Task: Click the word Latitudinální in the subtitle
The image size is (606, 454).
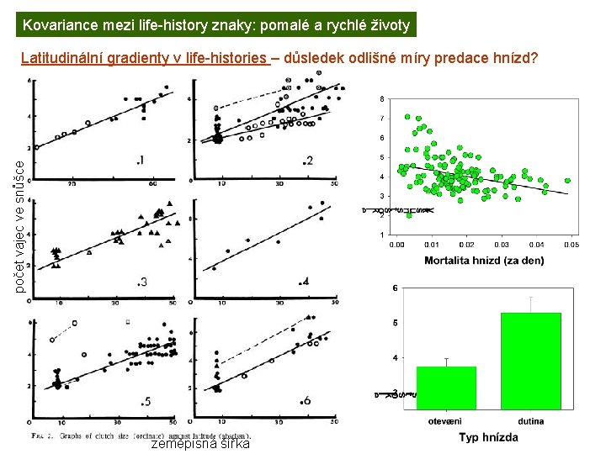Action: [63, 59]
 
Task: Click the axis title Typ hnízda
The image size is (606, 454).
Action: [488, 437]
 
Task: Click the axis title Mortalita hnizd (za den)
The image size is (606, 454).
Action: [484, 261]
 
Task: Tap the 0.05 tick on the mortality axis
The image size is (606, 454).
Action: [570, 245]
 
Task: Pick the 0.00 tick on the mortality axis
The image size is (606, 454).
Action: [396, 245]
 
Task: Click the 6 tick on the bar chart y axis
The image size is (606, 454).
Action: [396, 288]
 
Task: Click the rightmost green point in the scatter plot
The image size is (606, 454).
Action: [567, 180]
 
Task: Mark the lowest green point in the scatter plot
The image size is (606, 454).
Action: [408, 215]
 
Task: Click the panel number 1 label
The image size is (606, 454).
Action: [140, 160]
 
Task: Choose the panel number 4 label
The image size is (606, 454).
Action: [305, 280]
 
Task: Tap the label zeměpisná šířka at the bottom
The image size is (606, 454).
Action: [200, 443]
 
